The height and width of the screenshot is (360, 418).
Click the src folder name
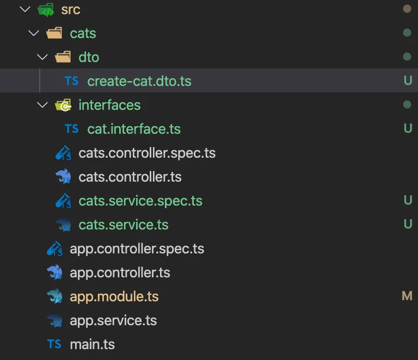[71, 10]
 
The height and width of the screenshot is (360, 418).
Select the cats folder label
[83, 34]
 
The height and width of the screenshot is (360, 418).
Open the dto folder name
[89, 57]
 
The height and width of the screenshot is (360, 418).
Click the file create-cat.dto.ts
[139, 81]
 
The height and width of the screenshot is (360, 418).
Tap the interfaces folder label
[109, 105]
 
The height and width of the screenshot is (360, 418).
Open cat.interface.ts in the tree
[134, 129]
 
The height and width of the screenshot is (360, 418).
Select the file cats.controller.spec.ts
[147, 153]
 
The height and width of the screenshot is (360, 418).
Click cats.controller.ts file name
[130, 177]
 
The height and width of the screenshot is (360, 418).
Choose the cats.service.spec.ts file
[140, 201]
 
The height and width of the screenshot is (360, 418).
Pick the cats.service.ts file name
[124, 225]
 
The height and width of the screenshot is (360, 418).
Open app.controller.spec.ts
[137, 249]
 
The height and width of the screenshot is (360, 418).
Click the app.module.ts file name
[114, 296]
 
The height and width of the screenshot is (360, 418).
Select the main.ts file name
[92, 344]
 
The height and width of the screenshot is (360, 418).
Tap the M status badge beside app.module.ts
[407, 296]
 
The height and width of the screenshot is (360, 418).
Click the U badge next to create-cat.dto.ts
[408, 80]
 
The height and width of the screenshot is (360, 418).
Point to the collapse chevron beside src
[25, 9]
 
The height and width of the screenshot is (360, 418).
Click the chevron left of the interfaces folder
[42, 105]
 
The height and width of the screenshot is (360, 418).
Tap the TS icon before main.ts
[54, 344]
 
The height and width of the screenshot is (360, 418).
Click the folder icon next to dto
[63, 57]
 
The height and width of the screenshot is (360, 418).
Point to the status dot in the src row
[407, 9]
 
